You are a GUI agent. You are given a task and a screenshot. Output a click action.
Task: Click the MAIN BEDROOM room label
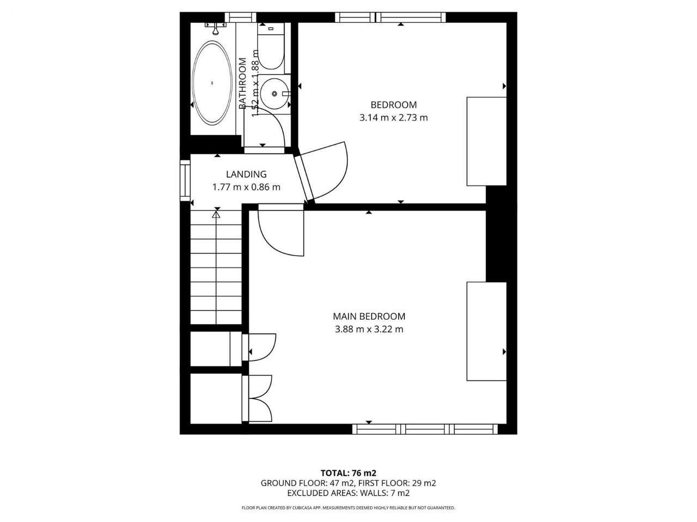click(369, 316)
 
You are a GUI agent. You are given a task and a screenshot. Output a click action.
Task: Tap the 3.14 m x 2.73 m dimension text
click(394, 118)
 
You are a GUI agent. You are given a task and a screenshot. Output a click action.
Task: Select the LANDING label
click(247, 175)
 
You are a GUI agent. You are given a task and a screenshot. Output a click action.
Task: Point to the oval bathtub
click(212, 83)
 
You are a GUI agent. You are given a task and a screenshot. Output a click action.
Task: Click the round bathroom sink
click(274, 94)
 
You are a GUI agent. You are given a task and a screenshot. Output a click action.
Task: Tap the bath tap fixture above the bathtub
click(216, 28)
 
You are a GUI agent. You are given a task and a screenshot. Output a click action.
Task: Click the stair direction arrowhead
click(216, 215)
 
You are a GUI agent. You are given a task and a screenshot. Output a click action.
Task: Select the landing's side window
click(185, 181)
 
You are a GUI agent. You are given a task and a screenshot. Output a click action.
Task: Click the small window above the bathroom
click(240, 17)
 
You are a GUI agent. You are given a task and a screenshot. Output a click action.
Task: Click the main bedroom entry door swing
click(281, 230)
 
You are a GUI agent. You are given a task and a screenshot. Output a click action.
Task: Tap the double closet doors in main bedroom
click(257, 399)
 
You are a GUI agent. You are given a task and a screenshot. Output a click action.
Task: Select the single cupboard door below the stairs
click(259, 347)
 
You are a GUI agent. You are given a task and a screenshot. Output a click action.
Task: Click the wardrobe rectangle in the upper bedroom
click(486, 141)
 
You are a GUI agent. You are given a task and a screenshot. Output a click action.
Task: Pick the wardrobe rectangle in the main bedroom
click(486, 331)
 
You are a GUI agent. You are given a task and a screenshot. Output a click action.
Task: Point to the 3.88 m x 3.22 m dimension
click(369, 330)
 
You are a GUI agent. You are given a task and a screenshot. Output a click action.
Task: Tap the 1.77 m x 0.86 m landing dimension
click(247, 187)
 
